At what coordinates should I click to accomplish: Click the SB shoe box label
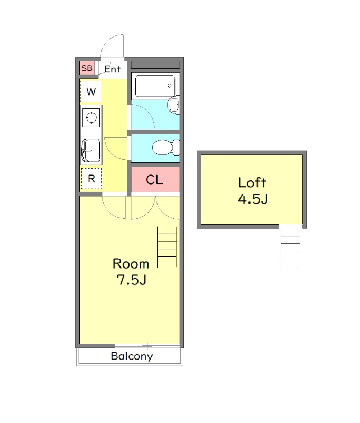(x=87, y=68)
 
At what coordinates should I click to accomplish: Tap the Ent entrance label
(x=112, y=69)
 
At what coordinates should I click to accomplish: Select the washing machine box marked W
(x=91, y=91)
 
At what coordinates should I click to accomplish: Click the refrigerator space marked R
(x=91, y=179)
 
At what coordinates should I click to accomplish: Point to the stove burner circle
(x=91, y=117)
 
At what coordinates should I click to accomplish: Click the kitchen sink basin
(x=91, y=150)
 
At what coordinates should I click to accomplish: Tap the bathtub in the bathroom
(x=155, y=86)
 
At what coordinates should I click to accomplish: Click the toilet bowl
(x=162, y=148)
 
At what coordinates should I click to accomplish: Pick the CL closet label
(x=154, y=180)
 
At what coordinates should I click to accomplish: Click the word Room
(x=131, y=264)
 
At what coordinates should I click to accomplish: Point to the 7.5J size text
(x=131, y=280)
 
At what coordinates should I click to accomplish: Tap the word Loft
(x=252, y=182)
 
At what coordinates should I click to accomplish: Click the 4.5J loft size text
(x=253, y=199)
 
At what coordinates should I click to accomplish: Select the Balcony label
(x=132, y=356)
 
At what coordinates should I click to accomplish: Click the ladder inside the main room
(x=167, y=247)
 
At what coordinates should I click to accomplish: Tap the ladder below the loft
(x=290, y=249)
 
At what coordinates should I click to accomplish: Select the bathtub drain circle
(x=170, y=86)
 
